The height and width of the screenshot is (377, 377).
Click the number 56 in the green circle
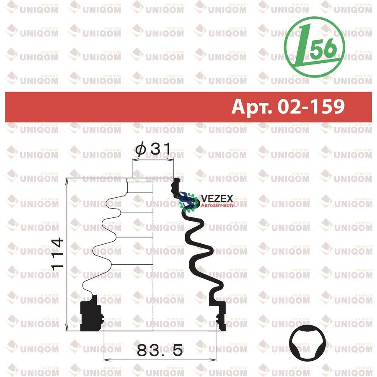[x=323, y=48]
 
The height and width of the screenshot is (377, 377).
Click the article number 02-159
[x=311, y=106]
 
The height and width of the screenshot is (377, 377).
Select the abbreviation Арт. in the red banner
[x=252, y=106]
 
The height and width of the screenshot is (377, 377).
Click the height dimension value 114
[x=58, y=254]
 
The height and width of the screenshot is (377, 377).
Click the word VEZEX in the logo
[x=217, y=199]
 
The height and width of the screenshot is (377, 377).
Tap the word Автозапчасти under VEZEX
[x=217, y=206]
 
